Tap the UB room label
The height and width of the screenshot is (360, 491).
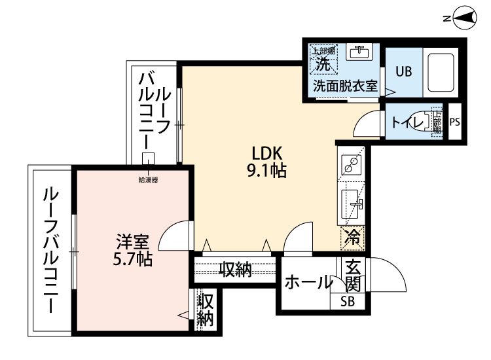point(403,71)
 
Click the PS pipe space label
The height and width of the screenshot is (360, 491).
point(455,121)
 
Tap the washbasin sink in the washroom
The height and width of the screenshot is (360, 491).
point(358,52)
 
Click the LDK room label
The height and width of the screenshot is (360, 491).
point(267,153)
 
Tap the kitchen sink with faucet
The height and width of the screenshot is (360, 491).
point(353,203)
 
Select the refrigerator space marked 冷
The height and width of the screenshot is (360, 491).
point(352,237)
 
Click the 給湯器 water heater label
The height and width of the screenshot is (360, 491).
point(148,179)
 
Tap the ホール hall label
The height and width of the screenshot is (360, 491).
point(308,283)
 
